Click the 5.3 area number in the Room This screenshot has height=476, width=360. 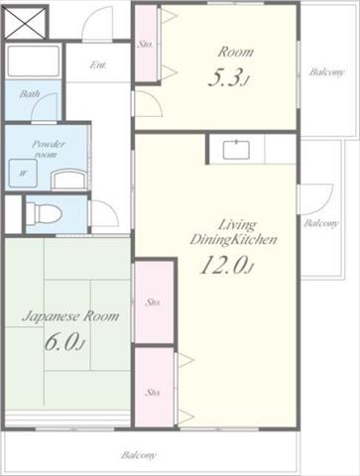[x=228, y=78]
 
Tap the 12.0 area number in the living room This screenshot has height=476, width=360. [x=226, y=265]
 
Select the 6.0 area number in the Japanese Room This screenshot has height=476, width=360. [x=64, y=342]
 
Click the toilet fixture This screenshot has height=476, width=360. [x=44, y=213]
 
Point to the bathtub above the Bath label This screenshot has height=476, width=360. [x=33, y=61]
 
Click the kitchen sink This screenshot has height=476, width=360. [x=236, y=150]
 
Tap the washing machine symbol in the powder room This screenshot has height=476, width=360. [x=23, y=174]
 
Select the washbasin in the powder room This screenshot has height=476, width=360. [x=68, y=179]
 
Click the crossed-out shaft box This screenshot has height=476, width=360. [x=26, y=22]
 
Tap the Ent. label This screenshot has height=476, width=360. [x=98, y=64]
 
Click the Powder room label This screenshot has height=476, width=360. [x=49, y=149]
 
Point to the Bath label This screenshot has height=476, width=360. [x=30, y=94]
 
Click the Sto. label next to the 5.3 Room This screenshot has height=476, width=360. [x=145, y=44]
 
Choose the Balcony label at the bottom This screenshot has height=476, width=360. [x=138, y=455]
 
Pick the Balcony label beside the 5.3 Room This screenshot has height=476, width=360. [x=326, y=71]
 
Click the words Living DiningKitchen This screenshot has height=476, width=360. [x=234, y=232]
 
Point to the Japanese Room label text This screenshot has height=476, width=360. [x=70, y=316]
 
